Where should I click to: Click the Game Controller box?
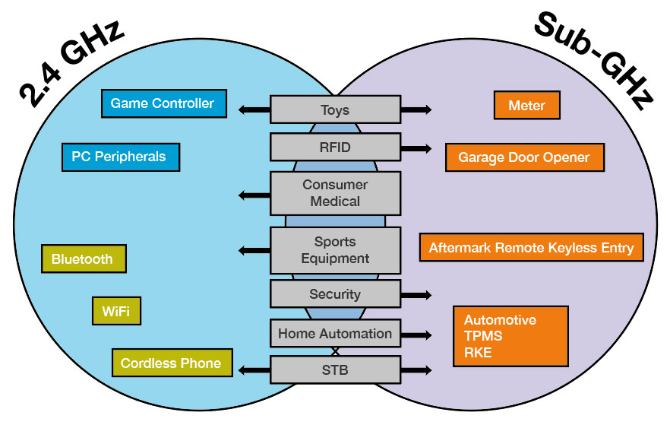163,103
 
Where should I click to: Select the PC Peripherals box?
119,157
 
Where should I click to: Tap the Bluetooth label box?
83,258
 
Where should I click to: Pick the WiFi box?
116,311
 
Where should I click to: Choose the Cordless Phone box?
171,363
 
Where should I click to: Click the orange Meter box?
526,106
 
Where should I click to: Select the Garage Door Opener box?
523,158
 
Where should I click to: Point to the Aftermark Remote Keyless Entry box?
531,248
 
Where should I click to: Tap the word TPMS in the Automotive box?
483,336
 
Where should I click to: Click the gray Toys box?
335,109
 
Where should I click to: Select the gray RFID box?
335,147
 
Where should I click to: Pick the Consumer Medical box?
335,193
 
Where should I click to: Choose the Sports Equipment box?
335,250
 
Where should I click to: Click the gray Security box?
335,294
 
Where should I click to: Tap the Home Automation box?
335,333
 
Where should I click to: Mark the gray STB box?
335,370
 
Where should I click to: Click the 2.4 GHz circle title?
72,61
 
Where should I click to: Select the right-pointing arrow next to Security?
416,294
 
